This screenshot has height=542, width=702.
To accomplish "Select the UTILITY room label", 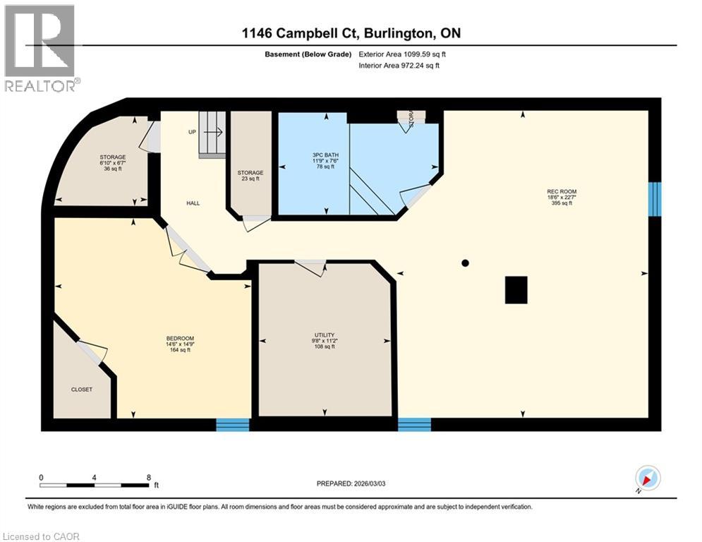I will [325, 335].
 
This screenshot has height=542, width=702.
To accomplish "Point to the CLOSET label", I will [81, 389].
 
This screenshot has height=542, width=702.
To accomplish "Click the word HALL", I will [193, 203].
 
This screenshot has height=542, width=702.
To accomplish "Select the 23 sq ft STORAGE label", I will [250, 173].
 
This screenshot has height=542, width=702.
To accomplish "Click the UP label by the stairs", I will [191, 132].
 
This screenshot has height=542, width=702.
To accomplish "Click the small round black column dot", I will [465, 263].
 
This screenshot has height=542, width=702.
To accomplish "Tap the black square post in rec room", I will [516, 289].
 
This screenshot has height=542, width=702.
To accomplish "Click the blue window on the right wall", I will [655, 198].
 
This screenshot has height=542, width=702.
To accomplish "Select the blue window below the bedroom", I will [233, 423].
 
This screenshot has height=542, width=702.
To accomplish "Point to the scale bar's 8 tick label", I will [148, 477].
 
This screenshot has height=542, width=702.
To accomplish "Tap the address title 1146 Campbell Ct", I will [351, 33].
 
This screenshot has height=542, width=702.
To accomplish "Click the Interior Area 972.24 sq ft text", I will [399, 66].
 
